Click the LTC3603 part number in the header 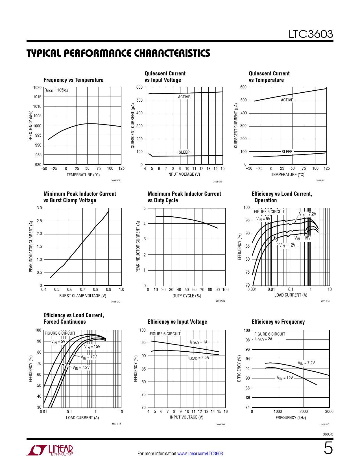(311, 34)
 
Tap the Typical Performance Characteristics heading (118, 53)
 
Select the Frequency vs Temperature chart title (73, 80)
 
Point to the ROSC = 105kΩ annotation (56, 90)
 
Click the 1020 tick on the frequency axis (37, 88)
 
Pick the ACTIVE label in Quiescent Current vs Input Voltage (184, 97)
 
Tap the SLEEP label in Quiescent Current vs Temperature (287, 152)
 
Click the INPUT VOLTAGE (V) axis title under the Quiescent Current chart (184, 174)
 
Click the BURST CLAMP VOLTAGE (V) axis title (83, 296)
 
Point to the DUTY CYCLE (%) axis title (187, 296)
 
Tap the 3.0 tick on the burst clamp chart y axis (39, 208)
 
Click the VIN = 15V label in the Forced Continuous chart (92, 347)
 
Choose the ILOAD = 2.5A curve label (199, 358)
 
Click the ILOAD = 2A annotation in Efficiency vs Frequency (263, 339)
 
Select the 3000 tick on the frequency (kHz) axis (329, 411)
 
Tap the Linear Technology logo (50, 450)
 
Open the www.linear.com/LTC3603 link (200, 454)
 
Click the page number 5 (328, 448)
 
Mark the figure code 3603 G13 (221, 301)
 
